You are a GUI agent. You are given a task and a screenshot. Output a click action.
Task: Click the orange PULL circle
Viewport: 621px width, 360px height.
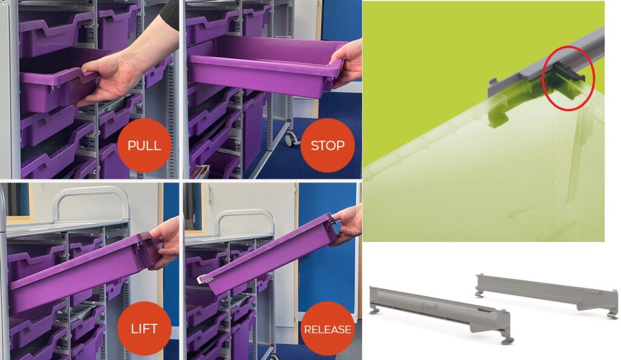144,145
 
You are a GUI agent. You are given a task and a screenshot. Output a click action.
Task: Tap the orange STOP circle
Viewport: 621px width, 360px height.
327,145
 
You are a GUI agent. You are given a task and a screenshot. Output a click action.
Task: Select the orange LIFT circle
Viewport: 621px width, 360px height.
144,328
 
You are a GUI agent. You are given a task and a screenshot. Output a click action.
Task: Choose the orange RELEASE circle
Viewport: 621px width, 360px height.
327,328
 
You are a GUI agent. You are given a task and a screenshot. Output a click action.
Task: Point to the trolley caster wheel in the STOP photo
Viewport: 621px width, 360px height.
292,138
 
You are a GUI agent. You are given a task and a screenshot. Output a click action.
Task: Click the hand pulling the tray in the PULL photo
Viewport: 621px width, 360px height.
119,75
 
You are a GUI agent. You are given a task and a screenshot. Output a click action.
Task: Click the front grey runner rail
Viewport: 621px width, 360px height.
440,313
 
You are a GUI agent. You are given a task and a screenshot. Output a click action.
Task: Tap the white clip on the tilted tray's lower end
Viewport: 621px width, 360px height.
202,279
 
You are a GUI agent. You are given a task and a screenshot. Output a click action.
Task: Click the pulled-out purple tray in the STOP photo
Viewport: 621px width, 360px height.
266,65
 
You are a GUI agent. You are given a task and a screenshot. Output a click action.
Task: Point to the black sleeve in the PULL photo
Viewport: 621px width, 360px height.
170,14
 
